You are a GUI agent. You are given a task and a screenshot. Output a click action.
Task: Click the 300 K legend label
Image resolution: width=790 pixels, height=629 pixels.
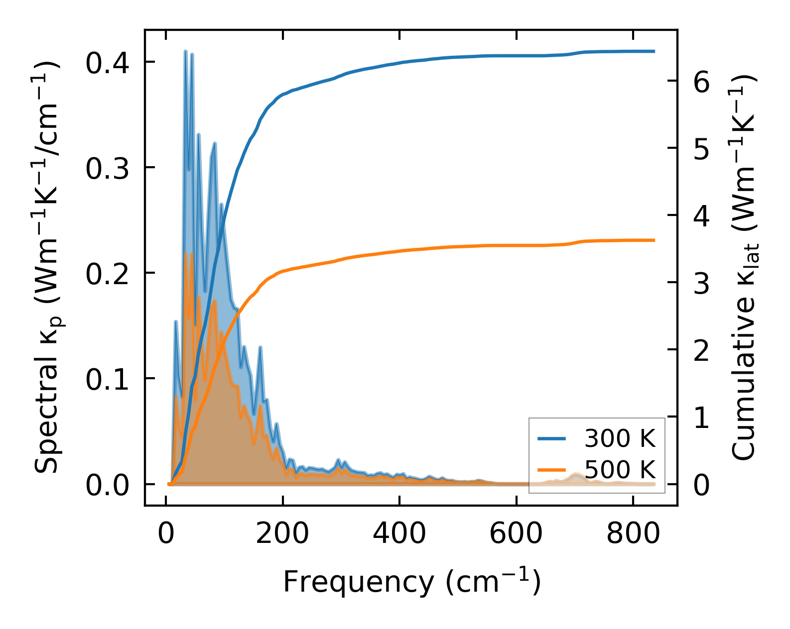coord(620,438)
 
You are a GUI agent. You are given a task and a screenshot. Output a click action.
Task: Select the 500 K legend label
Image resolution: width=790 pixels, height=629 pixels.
coord(620,469)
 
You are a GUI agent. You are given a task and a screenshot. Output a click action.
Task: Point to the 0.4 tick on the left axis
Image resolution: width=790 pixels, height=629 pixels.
coord(107,63)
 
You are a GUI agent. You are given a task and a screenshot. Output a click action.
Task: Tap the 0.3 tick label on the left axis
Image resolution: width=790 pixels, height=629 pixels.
coord(107,168)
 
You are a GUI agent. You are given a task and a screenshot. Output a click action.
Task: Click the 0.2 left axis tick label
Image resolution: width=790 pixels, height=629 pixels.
coord(107,274)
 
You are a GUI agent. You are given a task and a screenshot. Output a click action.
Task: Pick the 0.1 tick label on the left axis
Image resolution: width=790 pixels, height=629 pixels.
coord(107,379)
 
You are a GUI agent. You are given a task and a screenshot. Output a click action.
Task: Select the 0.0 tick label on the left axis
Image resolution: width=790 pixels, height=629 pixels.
coord(107,485)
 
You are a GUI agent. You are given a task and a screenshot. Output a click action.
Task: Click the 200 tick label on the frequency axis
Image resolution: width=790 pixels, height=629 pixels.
coord(282,534)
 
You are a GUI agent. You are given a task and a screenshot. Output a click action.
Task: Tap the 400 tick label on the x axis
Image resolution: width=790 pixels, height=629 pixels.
coord(399,534)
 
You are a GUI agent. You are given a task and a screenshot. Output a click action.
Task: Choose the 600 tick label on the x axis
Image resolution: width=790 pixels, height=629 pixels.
coord(516,534)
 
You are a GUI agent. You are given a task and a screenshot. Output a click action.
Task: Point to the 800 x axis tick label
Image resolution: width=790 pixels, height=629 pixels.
coord(633,534)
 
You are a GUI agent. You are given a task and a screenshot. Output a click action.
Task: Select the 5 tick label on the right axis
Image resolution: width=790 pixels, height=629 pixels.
coord(701,149)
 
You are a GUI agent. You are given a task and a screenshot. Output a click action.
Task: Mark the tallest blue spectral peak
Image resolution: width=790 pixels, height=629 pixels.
coord(185,51)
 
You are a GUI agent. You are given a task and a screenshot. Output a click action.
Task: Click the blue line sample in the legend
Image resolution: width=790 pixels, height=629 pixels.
coord(551,438)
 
